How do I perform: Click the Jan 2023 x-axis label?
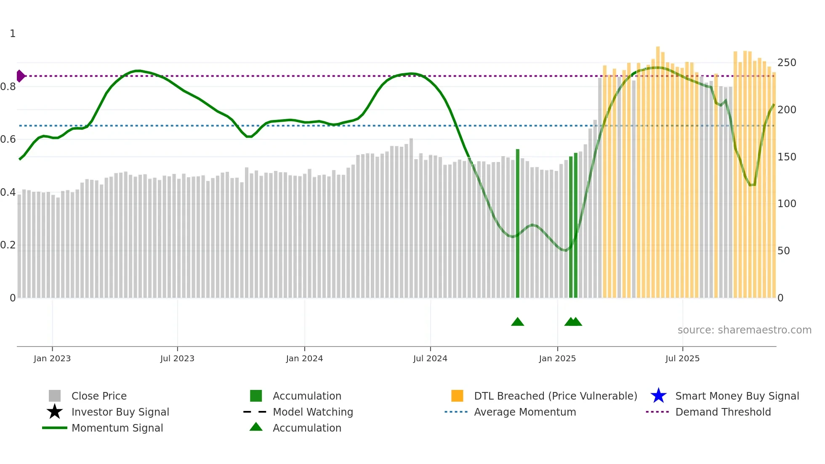[52, 358]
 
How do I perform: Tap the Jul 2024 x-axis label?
[430, 358]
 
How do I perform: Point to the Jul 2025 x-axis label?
[682, 358]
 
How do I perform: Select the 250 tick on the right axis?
[787, 63]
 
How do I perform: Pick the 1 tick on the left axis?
[13, 34]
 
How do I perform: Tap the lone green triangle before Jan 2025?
[517, 322]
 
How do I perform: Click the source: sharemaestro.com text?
[744, 330]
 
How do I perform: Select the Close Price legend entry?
[99, 396]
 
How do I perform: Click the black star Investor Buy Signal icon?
[55, 412]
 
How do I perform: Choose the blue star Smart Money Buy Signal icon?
[658, 396]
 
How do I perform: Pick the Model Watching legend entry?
[313, 412]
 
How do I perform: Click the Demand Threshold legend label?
[723, 412]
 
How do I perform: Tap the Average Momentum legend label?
[525, 412]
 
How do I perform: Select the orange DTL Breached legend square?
[457, 396]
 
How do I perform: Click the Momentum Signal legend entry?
[117, 428]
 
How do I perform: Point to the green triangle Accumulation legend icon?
[256, 427]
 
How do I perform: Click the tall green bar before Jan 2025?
[518, 223]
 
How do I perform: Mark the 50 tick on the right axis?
[783, 251]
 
